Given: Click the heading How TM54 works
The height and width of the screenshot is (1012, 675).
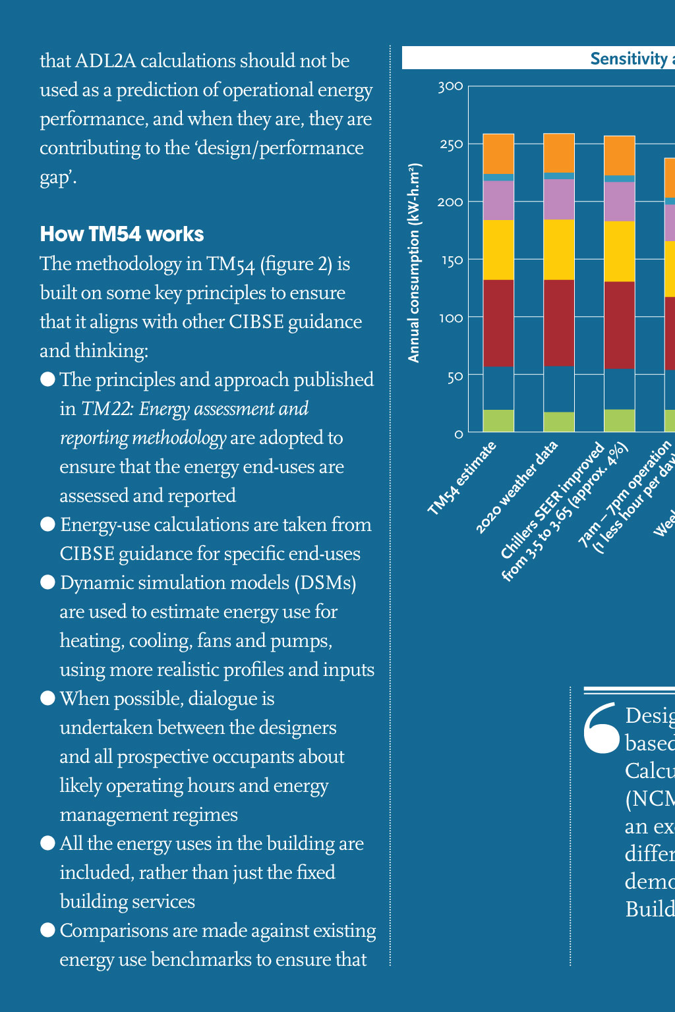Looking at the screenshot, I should tap(122, 235).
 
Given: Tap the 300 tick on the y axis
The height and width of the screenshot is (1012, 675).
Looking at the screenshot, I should tap(450, 86).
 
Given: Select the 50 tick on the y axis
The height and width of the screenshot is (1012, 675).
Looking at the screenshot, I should tap(455, 377).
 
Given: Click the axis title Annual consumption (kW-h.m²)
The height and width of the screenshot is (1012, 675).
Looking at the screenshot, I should tap(414, 263).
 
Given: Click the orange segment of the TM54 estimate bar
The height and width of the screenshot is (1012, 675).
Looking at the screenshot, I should tap(498, 154).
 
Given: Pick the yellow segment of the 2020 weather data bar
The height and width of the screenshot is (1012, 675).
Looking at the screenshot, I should tap(559, 249).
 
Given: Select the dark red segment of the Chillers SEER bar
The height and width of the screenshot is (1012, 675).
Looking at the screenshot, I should tap(620, 325).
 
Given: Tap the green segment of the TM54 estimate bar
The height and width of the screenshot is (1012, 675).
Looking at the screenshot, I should tap(498, 420).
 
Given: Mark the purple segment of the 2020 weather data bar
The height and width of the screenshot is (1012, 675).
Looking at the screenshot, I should tap(559, 199).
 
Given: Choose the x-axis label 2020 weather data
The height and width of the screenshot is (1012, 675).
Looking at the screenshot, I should tap(517, 488).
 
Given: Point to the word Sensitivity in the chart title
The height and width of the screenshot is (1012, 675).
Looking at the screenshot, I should tap(629, 59).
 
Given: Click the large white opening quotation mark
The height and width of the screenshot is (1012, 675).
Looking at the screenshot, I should tap(601, 729).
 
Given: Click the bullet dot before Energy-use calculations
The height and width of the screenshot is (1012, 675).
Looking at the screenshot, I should tap(47, 524).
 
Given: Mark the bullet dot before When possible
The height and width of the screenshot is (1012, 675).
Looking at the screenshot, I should tap(47, 698).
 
